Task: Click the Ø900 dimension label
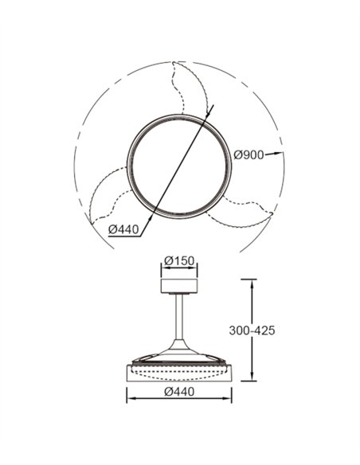pyautogui.click(x=248, y=154)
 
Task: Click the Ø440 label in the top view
pyautogui.click(x=123, y=229)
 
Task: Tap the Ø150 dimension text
pyautogui.click(x=179, y=261)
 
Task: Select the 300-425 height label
pyautogui.click(x=252, y=330)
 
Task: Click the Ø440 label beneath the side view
pyautogui.click(x=179, y=392)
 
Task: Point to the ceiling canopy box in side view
pyautogui.click(x=179, y=286)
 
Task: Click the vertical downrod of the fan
pyautogui.click(x=179, y=318)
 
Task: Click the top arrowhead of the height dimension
pyautogui.click(x=252, y=283)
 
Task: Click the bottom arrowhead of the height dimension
pyautogui.click(x=252, y=377)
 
